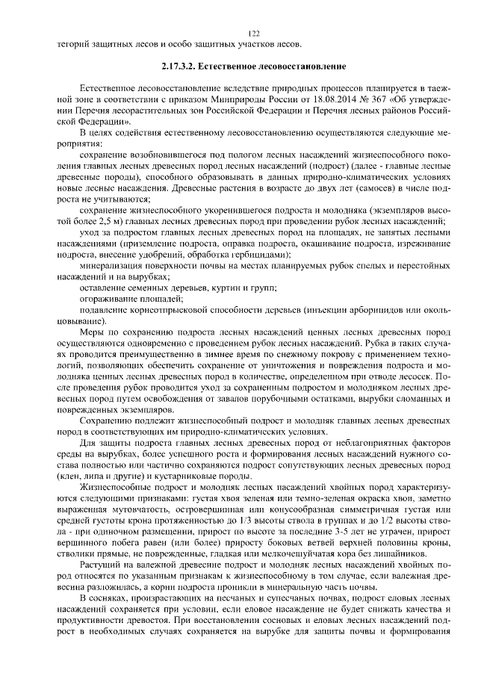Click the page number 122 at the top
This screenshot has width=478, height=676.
[x=253, y=34]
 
